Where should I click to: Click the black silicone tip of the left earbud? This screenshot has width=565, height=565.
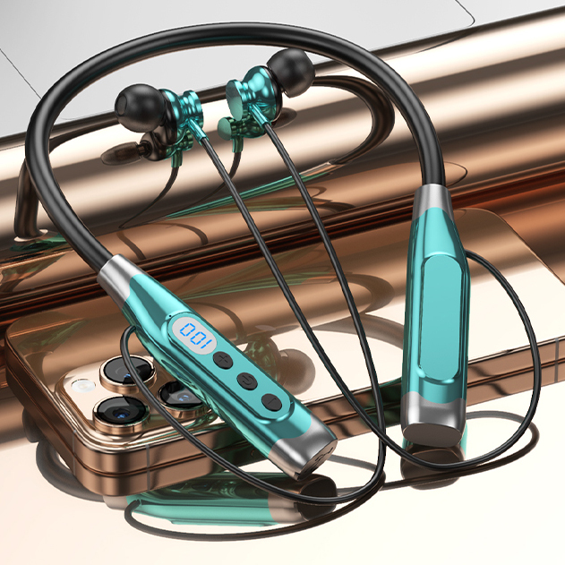click(140, 106)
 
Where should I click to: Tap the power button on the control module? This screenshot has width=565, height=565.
click(247, 381)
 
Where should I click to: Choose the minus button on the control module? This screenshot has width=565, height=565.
click(272, 402)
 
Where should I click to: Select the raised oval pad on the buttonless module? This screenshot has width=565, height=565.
click(441, 317)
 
